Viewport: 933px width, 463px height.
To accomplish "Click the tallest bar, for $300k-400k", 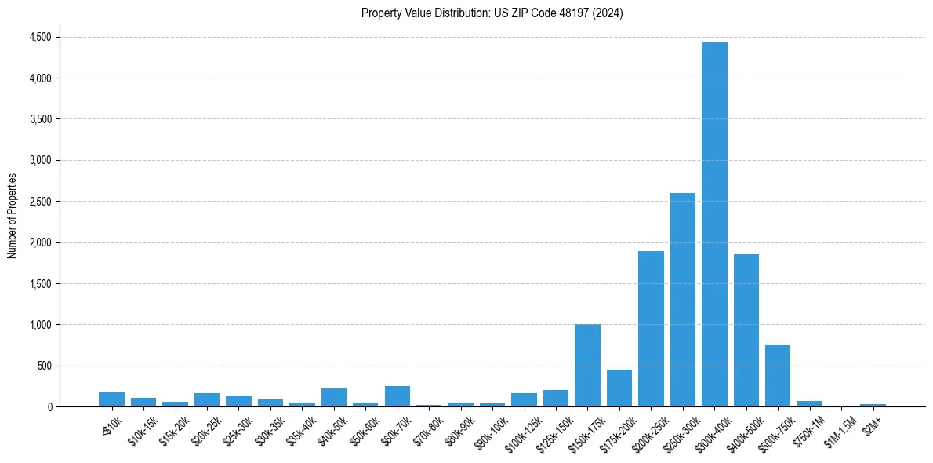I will [714, 224].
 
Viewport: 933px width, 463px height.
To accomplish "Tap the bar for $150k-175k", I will [587, 366].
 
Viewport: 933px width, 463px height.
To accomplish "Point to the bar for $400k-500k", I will [746, 330].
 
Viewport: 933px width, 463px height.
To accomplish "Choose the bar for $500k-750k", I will [778, 375].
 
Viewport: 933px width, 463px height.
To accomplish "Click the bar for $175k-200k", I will [619, 388].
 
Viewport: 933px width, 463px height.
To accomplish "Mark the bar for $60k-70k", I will [398, 396].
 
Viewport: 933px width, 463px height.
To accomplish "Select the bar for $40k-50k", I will [334, 397].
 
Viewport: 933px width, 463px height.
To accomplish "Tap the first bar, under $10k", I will [111, 399].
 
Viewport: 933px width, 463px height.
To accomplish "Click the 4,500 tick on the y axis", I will [40, 37].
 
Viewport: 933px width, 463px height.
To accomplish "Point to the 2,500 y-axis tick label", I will [40, 202].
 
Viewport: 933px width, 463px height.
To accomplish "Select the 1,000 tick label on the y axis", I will [40, 325].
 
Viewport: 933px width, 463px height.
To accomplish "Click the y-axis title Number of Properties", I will [13, 216].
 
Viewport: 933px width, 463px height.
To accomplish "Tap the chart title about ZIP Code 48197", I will [492, 13].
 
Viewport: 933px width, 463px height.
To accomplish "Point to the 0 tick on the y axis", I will [49, 406].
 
